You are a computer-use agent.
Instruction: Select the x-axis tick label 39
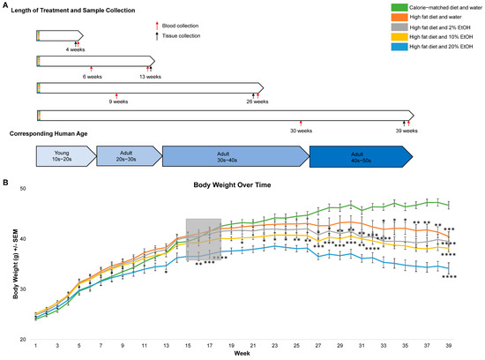pyautogui.click(x=450, y=346)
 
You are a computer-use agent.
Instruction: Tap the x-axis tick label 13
pyautogui.click(x=166, y=346)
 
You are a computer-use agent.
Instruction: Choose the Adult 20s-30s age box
pyautogui.click(x=126, y=155)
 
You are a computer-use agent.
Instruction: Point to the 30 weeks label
pyautogui.click(x=301, y=131)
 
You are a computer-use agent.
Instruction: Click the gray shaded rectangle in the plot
pyautogui.click(x=203, y=238)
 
